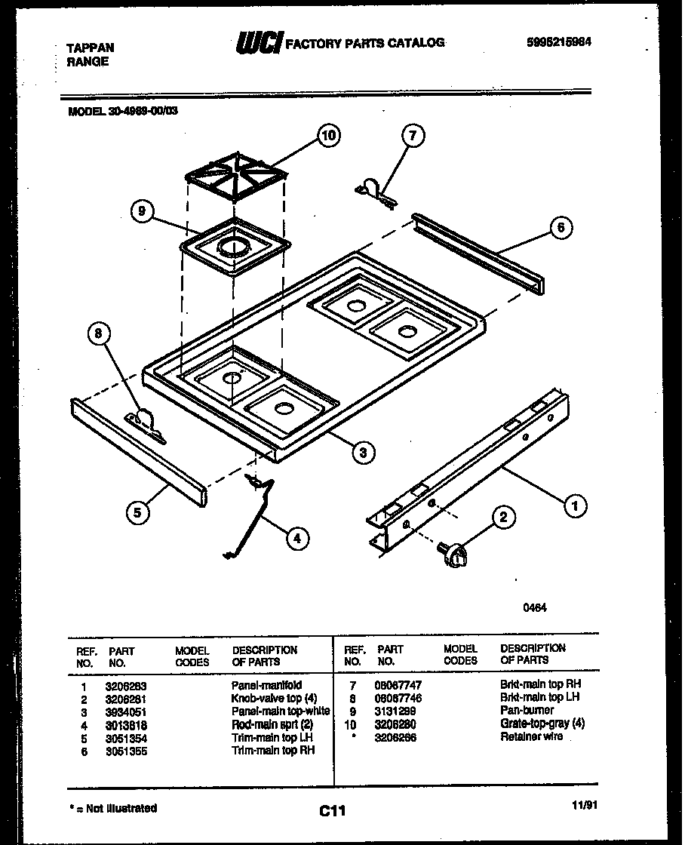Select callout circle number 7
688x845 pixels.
coord(412,136)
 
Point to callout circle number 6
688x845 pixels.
coord(561,228)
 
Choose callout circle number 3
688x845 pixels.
coord(364,452)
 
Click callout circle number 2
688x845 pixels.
coord(503,517)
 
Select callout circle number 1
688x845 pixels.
coord(576,506)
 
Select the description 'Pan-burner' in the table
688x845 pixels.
coord(527,711)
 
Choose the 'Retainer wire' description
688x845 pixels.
coord(531,736)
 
